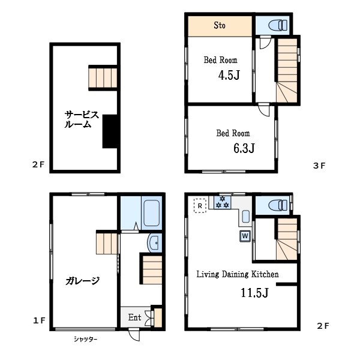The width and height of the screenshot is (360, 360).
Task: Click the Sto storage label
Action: [219, 25]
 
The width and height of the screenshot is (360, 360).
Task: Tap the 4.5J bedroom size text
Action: [229, 75]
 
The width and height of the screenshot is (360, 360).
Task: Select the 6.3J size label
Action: [244, 148]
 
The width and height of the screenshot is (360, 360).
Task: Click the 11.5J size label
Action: [254, 293]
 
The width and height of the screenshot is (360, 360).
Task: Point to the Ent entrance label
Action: [134, 317]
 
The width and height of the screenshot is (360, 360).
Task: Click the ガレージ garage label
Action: [82, 281]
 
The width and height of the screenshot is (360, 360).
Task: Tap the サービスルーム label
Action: [82, 119]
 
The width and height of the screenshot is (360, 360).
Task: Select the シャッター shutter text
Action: [85, 339]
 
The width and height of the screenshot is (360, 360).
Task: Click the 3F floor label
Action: [319, 166]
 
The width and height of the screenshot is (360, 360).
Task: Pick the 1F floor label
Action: [39, 320]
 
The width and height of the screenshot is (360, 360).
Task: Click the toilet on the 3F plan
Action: [278, 25]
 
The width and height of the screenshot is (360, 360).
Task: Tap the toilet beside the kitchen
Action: [278, 205]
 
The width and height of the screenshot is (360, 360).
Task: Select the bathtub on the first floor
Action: [152, 213]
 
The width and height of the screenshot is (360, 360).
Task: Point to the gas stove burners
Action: [223, 202]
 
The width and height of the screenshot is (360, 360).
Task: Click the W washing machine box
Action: [245, 236]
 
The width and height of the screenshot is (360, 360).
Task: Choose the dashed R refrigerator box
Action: [200, 206]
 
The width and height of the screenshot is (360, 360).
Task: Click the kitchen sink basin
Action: [245, 217]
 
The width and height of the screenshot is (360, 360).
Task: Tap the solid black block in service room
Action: [110, 131]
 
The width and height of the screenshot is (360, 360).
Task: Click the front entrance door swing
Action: [134, 335]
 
